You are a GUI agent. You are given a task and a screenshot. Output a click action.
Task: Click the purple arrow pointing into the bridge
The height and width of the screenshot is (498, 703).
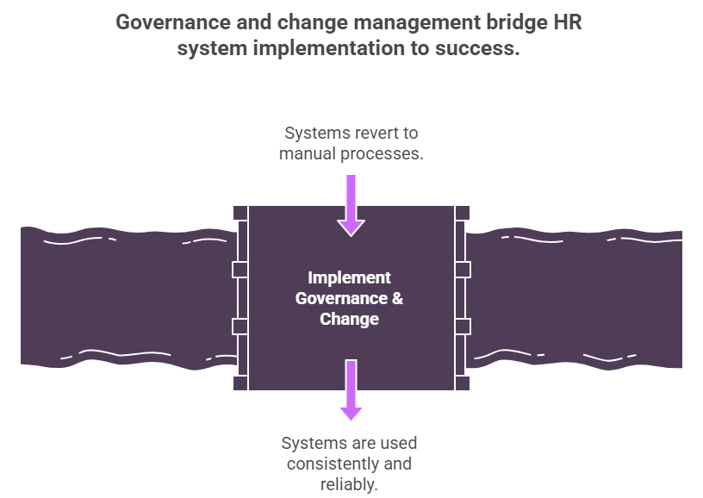pos(351,205)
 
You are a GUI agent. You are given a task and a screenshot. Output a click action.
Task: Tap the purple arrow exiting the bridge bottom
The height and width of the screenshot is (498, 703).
pos(351,391)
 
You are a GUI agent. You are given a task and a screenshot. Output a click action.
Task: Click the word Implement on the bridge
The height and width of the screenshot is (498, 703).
pos(349,278)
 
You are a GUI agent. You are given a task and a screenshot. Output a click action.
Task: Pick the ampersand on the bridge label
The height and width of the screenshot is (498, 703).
pos(396,299)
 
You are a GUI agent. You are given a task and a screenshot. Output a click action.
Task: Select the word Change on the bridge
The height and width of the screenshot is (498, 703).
pos(349,320)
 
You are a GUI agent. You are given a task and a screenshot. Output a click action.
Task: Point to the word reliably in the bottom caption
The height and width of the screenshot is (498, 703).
pos(349,484)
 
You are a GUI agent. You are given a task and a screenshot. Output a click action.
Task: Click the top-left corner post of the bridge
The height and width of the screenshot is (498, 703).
pos(240,212)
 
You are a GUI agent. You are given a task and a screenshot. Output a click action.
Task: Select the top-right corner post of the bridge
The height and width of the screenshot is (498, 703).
pos(463,212)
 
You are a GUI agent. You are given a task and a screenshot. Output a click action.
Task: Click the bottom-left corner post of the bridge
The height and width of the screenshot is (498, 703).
pos(240,383)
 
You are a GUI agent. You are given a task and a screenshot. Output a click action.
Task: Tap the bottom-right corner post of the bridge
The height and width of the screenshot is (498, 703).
pos(463,383)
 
